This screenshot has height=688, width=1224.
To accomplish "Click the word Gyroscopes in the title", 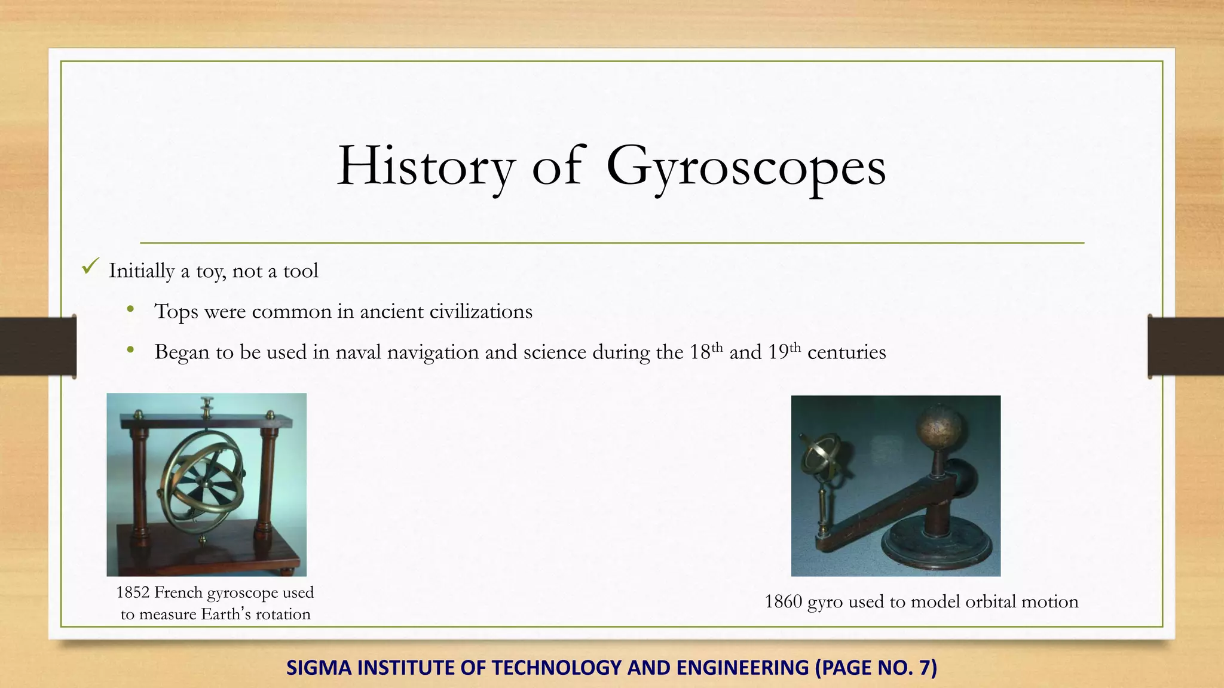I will pos(745,167).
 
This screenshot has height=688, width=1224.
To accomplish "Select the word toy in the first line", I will pos(210,272).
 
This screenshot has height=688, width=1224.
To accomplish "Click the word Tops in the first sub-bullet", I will pos(176,312).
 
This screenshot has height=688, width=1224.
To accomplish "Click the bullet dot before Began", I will pos(130,350).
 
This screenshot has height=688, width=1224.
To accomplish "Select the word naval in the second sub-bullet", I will pos(358,352).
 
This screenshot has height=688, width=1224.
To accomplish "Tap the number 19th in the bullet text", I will pos(784,351).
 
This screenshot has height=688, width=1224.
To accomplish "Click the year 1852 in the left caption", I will pos(133,592).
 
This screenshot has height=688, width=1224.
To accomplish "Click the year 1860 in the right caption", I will pos(783,601).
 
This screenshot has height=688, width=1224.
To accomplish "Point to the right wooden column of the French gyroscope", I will pos(267,478).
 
